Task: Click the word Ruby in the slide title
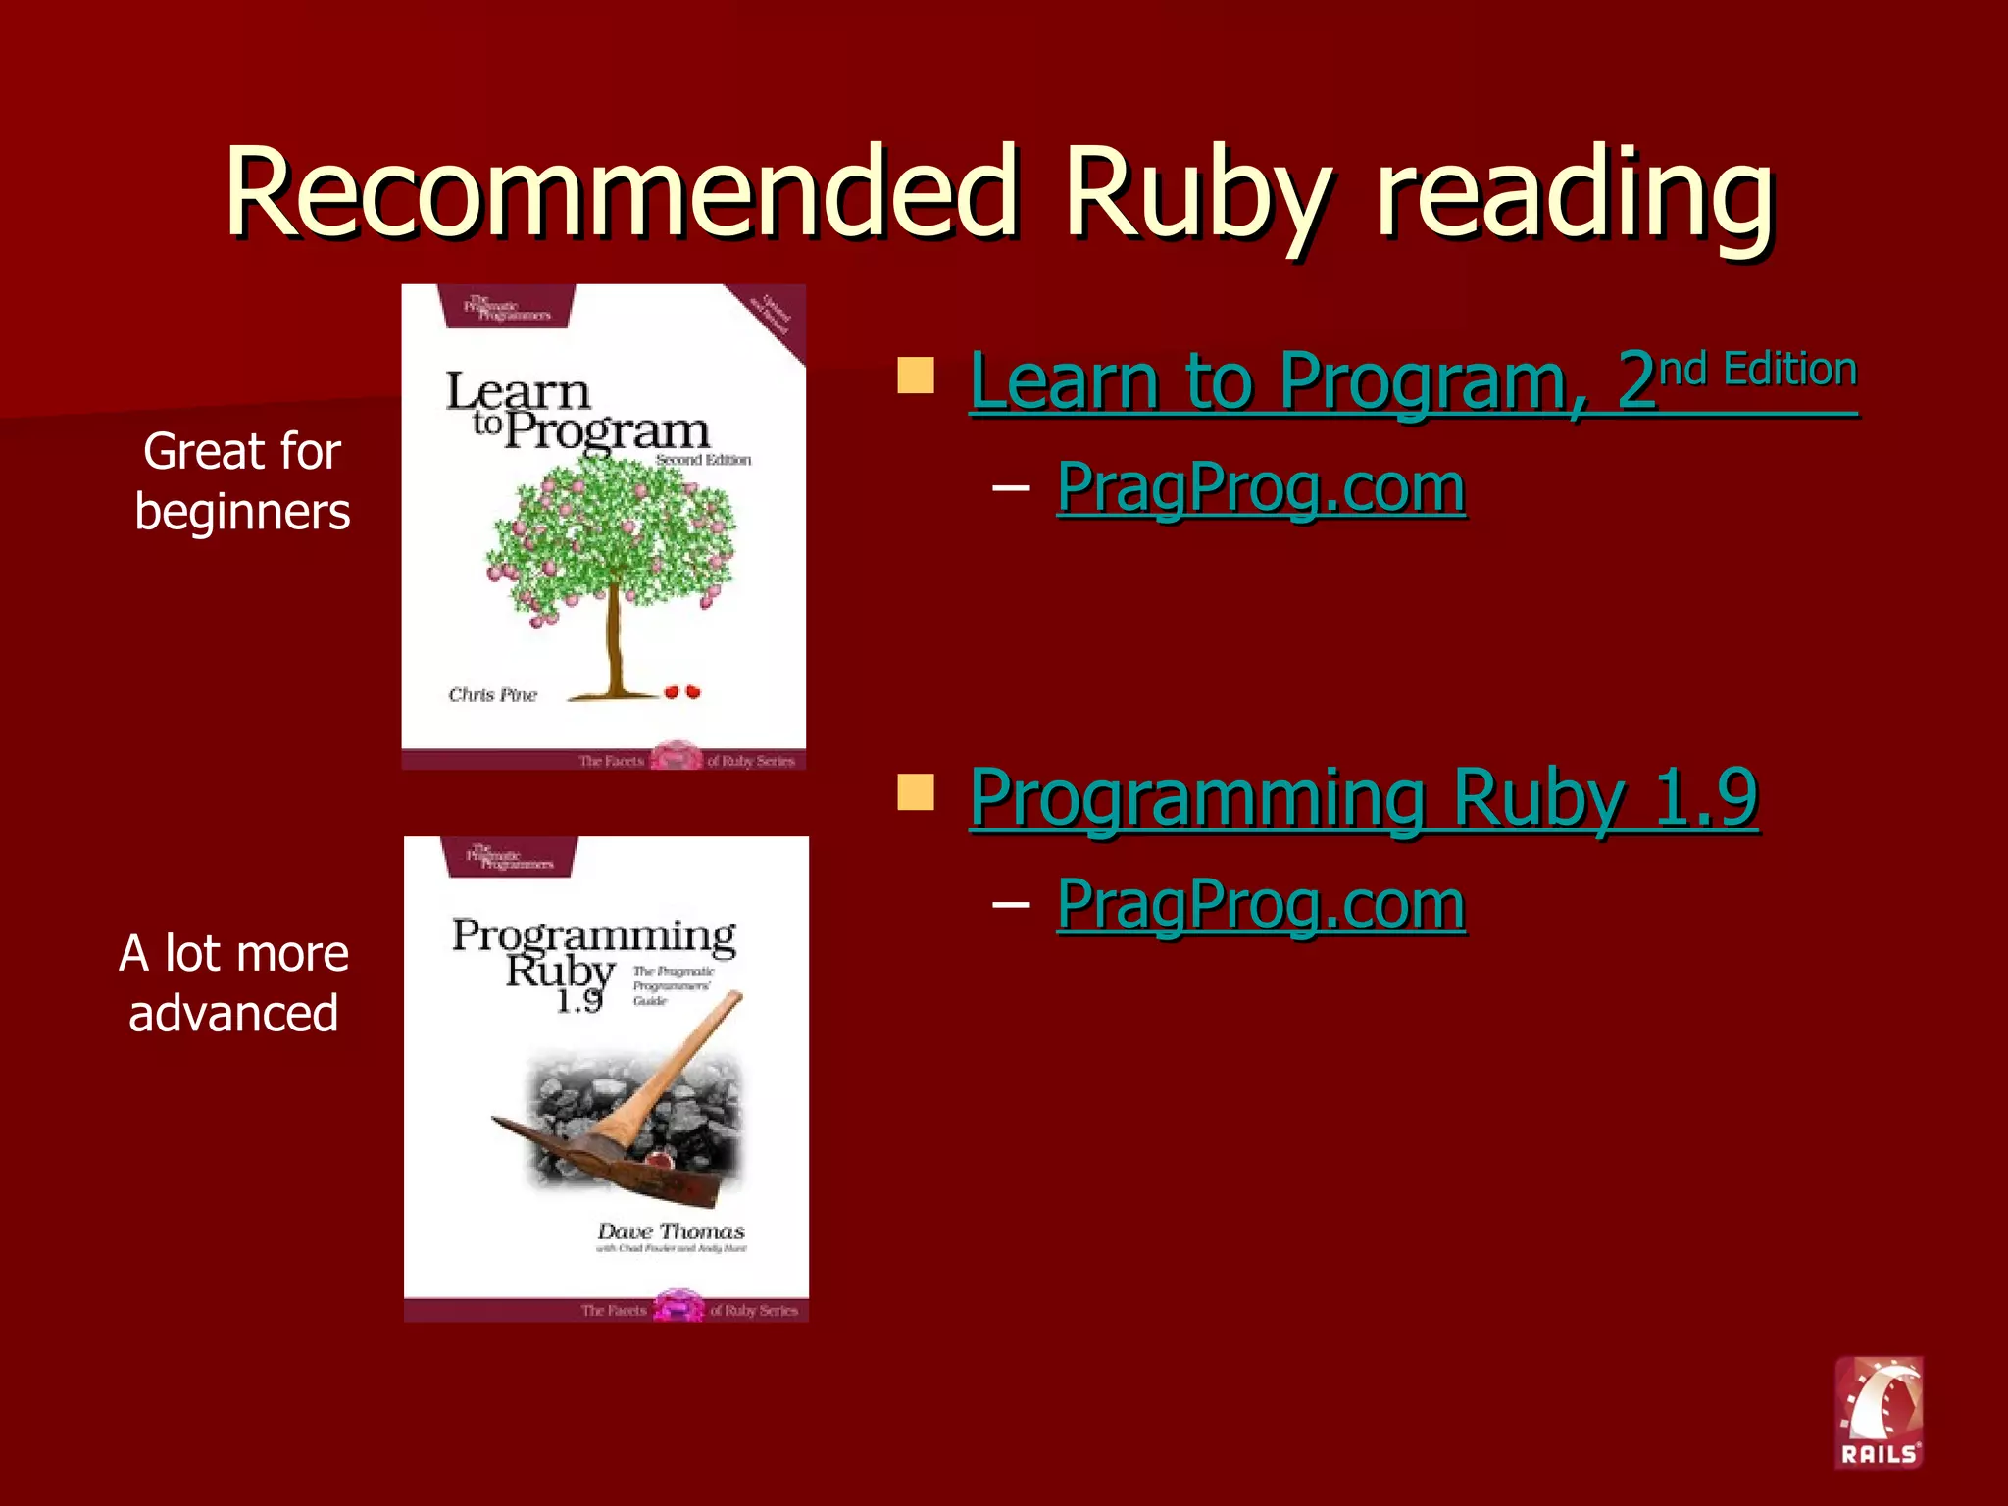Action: [1197, 193]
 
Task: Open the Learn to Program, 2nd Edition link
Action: [1412, 381]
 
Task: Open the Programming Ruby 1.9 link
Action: [1363, 798]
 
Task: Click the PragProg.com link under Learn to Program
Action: [1261, 486]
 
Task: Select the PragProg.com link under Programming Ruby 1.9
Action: [1261, 903]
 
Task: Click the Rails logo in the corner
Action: [1879, 1412]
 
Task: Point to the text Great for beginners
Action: [242, 481]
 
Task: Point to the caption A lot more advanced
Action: [233, 982]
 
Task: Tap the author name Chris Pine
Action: [492, 695]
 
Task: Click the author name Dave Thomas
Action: [672, 1231]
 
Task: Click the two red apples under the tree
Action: [682, 692]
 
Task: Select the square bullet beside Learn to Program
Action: [916, 376]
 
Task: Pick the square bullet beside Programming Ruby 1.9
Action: [916, 792]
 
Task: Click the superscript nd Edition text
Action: [1758, 370]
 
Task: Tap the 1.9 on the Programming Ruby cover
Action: [578, 1001]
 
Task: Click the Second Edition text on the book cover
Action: [703, 460]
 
